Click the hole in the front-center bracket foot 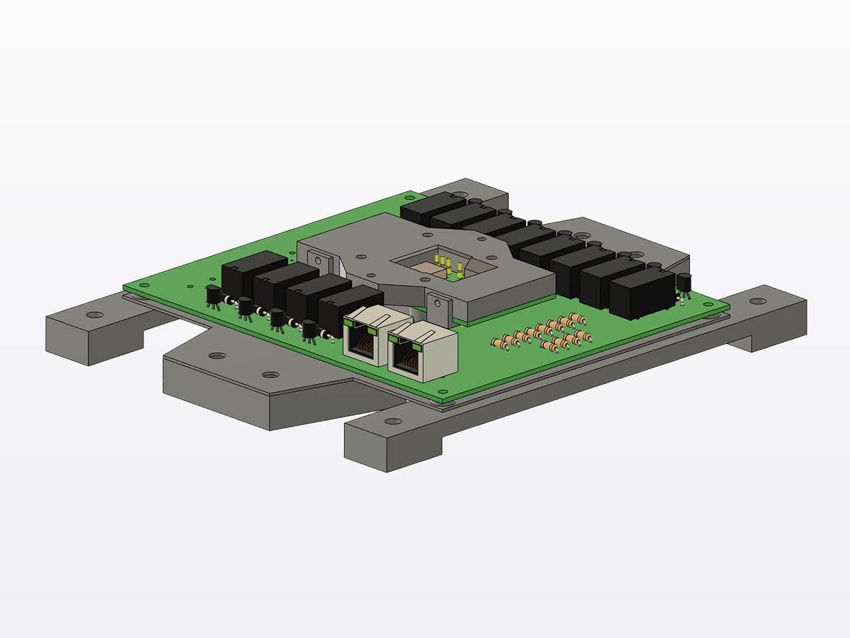click(x=388, y=421)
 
